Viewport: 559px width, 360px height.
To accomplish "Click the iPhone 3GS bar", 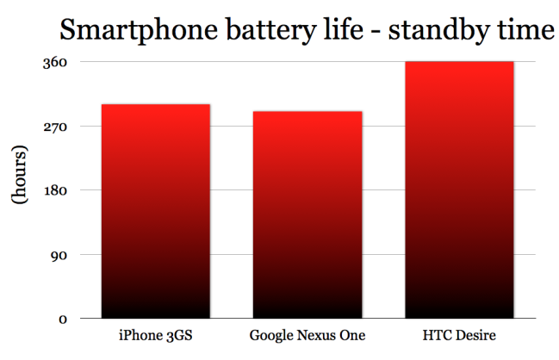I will pyautogui.click(x=156, y=211).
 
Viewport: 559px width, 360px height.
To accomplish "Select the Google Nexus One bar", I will pyautogui.click(x=307, y=214).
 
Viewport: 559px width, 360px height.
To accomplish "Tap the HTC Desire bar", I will pyautogui.click(x=459, y=189).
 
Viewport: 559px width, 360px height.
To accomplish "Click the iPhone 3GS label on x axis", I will pyautogui.click(x=156, y=334).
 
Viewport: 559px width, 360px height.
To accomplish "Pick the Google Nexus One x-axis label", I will pyautogui.click(x=307, y=334).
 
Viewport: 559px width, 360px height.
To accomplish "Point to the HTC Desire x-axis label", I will pyautogui.click(x=460, y=334).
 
